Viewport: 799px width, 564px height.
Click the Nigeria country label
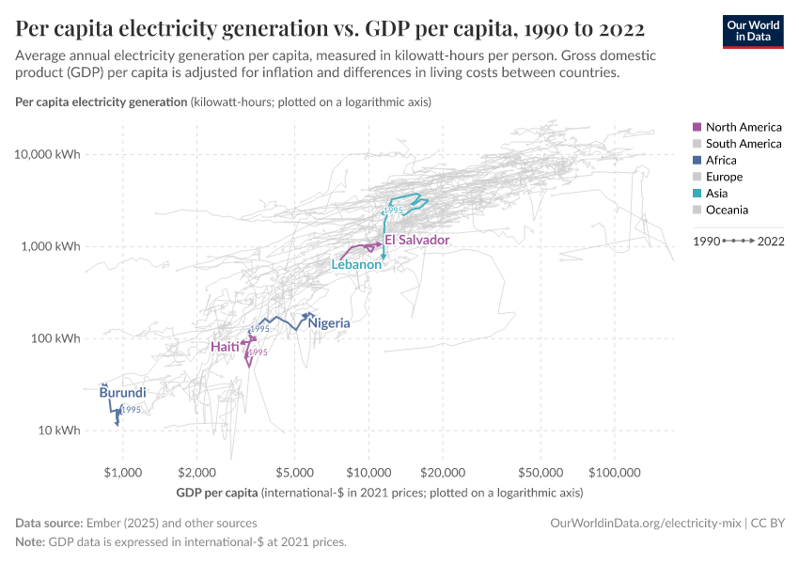pos(329,323)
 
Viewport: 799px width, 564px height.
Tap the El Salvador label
pos(417,241)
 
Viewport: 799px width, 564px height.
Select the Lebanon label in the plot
pos(356,265)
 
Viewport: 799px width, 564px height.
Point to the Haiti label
pos(225,347)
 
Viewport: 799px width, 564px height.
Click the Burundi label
pos(122,393)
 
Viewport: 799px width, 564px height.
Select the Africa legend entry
pos(722,161)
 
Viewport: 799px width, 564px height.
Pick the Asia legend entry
pos(717,194)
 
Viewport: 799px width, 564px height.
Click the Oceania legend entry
pos(727,211)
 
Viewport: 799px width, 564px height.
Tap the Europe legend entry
pos(724,177)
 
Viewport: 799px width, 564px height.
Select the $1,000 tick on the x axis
pos(122,471)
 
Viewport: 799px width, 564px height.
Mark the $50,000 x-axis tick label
pos(540,471)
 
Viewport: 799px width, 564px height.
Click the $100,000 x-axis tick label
pos(615,471)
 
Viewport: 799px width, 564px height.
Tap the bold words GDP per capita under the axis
pos(216,493)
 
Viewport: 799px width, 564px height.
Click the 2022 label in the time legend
pos(772,242)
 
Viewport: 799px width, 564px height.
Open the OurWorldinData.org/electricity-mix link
pos(644,523)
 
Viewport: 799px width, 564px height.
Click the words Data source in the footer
pos(49,523)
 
